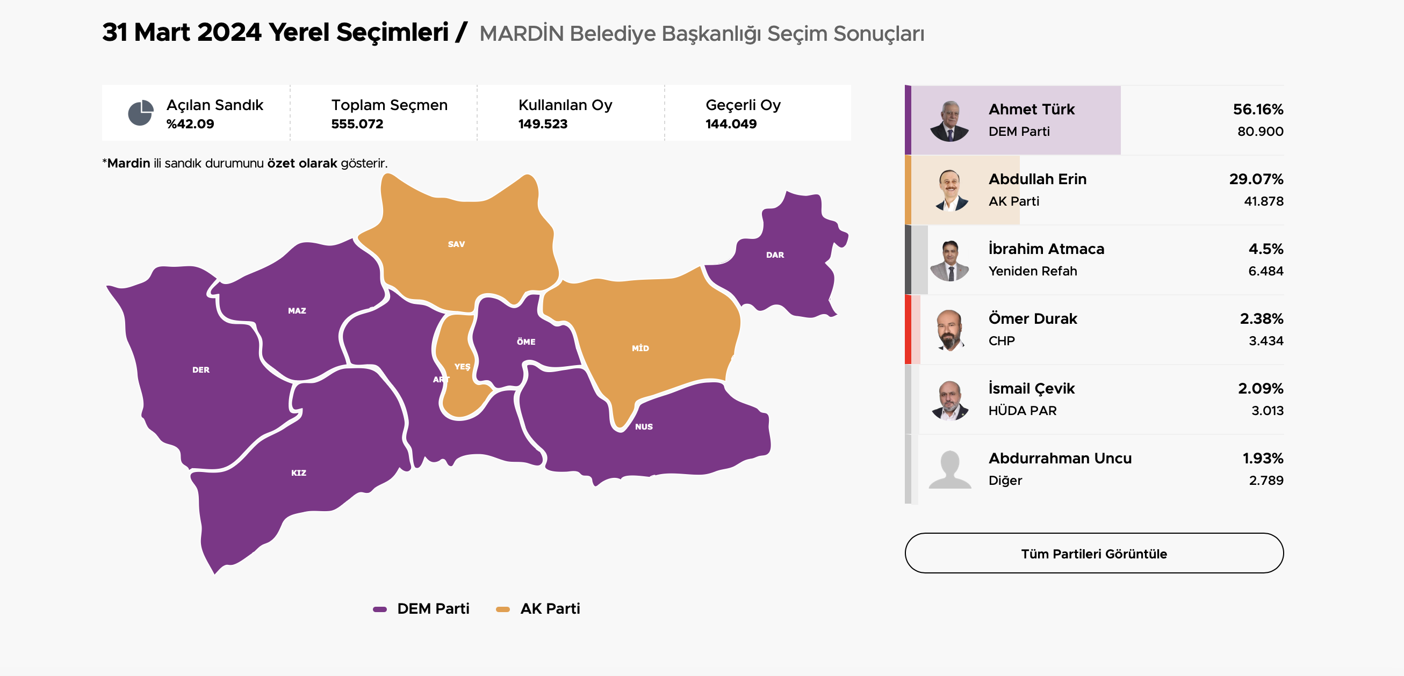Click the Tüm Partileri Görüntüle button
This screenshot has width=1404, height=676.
click(x=1093, y=553)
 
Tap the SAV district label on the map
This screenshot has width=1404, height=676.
click(x=456, y=244)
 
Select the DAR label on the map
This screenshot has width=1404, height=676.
click(x=774, y=255)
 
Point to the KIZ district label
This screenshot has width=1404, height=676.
click(x=298, y=473)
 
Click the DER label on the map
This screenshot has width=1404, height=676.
click(x=200, y=370)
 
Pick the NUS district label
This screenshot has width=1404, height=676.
click(x=643, y=426)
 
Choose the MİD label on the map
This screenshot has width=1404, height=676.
click(x=640, y=348)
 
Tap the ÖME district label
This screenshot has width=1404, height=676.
click(x=526, y=341)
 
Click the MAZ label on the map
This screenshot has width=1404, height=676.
click(x=297, y=310)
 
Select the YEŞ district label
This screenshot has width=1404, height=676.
click(x=462, y=367)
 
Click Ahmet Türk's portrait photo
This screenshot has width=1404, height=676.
click(x=949, y=121)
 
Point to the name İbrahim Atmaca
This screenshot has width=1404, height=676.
click(x=1046, y=249)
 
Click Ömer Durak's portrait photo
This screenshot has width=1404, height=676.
click(x=949, y=330)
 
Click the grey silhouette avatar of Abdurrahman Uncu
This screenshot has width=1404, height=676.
click(x=949, y=470)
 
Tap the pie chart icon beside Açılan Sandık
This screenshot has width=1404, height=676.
click(x=141, y=113)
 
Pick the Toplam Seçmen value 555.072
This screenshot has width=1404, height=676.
click(x=357, y=123)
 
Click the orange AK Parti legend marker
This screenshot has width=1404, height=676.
click(x=502, y=609)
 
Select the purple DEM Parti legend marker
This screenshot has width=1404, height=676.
click(x=379, y=609)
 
